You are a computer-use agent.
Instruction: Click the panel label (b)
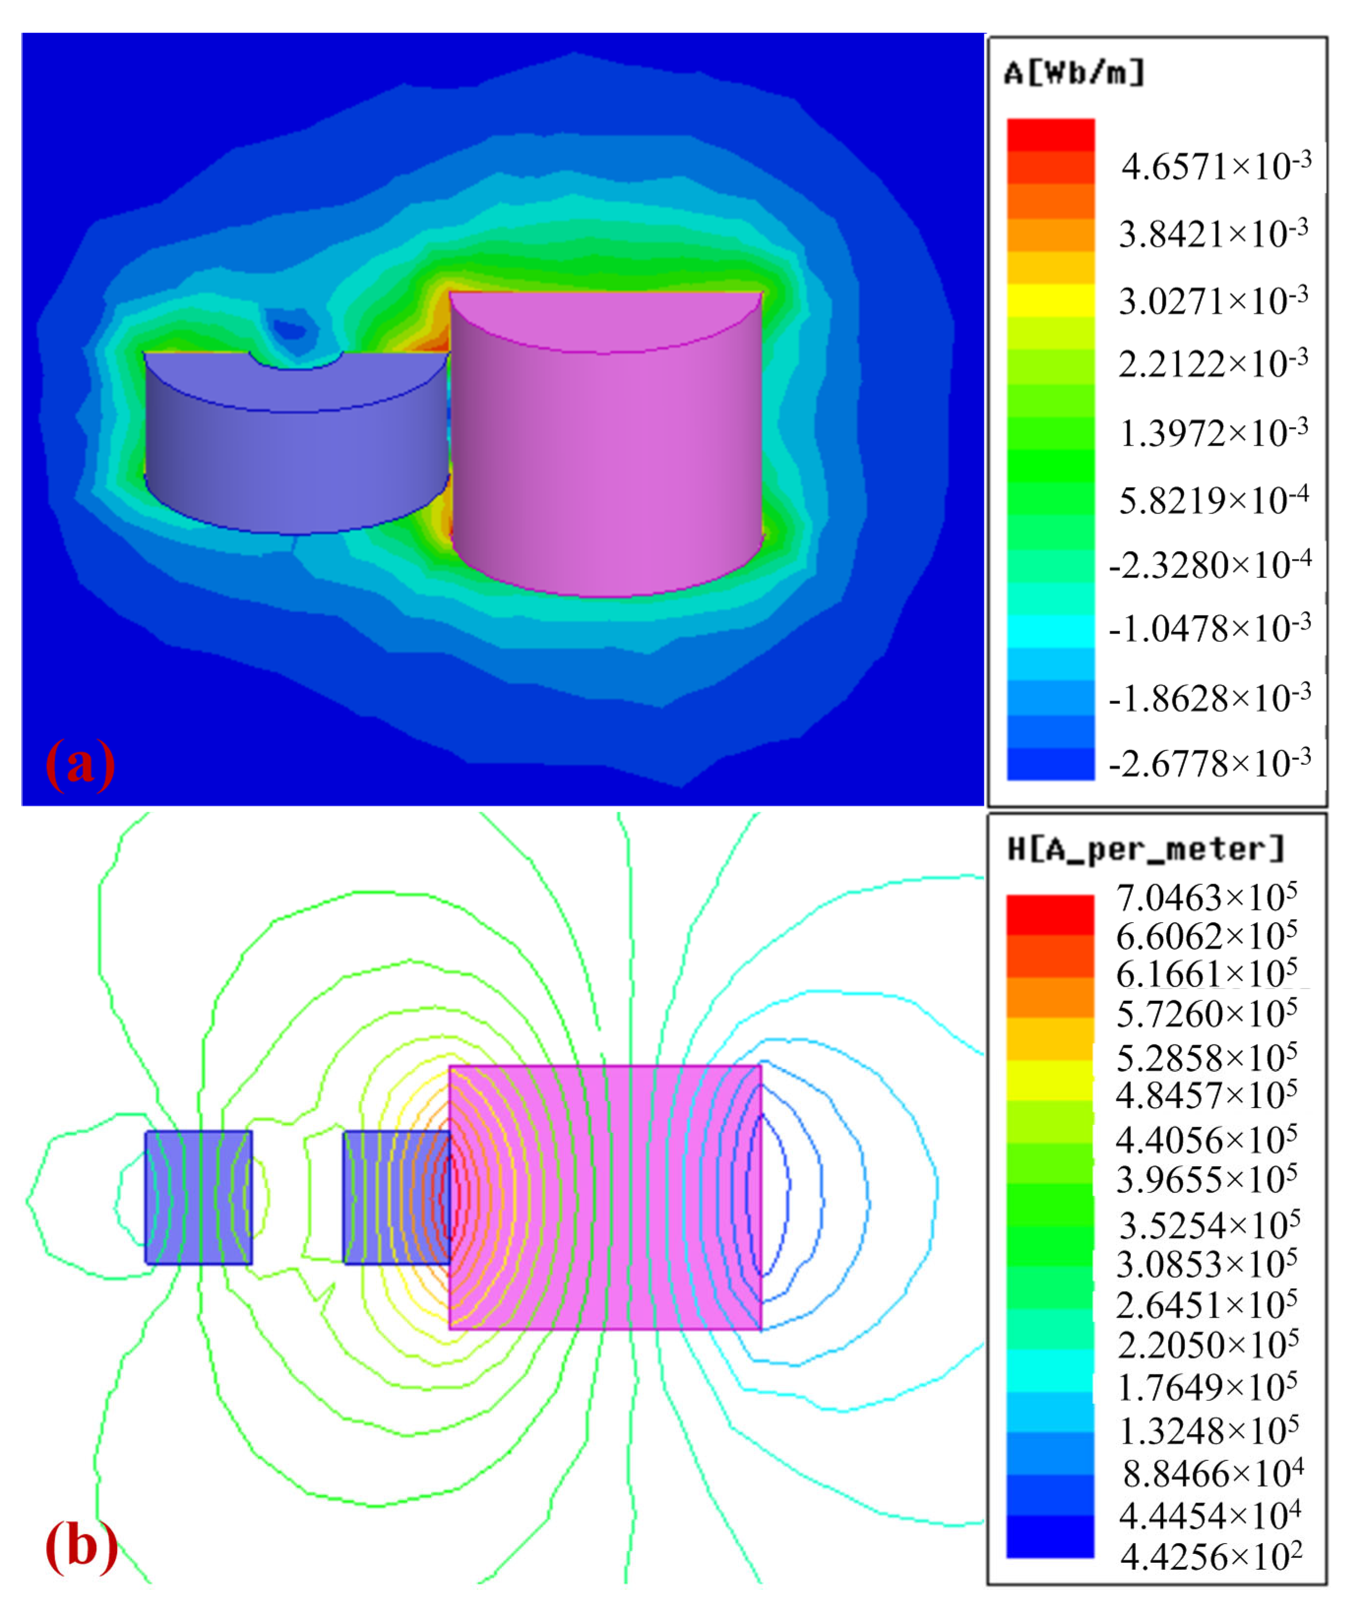(x=81, y=1546)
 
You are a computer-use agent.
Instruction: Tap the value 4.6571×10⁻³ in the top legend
(x=1215, y=166)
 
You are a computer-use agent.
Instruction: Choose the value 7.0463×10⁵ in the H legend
(x=1206, y=897)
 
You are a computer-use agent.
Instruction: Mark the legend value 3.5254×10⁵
(x=1208, y=1226)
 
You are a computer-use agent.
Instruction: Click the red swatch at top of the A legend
(x=1050, y=134)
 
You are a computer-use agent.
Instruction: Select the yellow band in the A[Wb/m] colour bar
(x=1050, y=300)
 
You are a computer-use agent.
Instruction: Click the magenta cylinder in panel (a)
(x=607, y=461)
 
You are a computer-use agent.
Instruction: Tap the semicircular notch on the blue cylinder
(x=296, y=361)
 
